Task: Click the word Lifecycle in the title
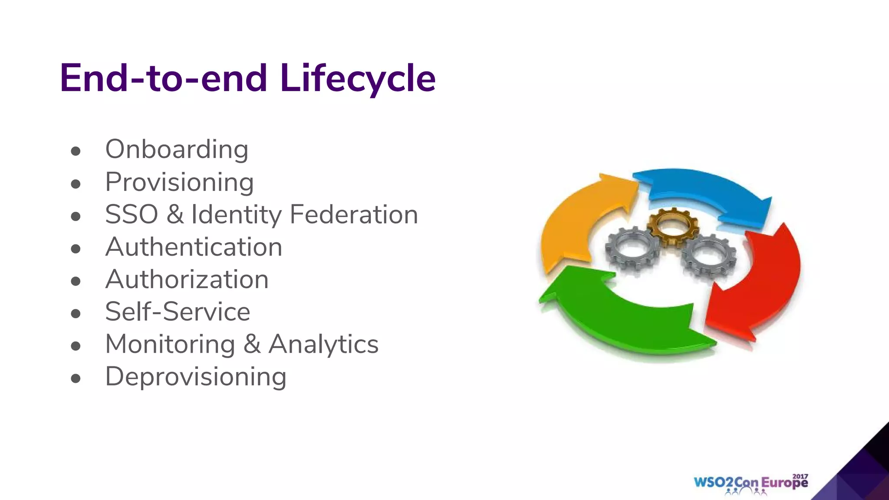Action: (358, 79)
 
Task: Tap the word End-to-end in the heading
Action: (163, 79)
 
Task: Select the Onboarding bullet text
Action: (177, 150)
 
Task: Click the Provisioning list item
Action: (179, 182)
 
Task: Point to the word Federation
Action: (353, 214)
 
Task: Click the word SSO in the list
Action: (132, 214)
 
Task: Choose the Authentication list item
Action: (194, 247)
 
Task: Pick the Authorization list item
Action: (187, 279)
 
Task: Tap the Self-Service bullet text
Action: (178, 312)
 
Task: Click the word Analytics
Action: (323, 344)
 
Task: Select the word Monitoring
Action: (170, 344)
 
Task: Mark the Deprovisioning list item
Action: (196, 377)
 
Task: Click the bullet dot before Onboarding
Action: (76, 151)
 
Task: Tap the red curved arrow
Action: (764, 282)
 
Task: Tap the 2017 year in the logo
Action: (800, 476)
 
